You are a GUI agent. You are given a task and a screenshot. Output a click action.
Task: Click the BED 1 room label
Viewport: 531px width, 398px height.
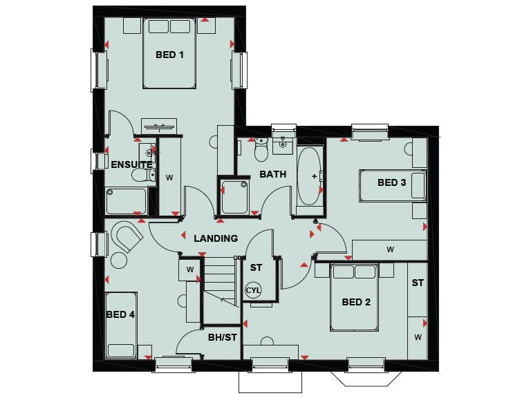click(169, 55)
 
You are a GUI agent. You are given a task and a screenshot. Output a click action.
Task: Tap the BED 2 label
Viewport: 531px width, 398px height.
click(357, 302)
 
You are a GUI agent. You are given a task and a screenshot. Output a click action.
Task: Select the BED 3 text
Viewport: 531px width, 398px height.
click(391, 183)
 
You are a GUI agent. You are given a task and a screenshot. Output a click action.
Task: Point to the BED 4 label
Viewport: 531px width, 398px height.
click(120, 314)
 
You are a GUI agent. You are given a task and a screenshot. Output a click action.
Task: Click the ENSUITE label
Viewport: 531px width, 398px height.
click(131, 164)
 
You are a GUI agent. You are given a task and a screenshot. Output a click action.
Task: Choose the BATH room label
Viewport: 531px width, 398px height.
click(273, 174)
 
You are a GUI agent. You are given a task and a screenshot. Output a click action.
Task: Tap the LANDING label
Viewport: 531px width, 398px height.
click(216, 238)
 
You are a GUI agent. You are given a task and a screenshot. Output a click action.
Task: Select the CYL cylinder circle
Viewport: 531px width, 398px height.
click(254, 290)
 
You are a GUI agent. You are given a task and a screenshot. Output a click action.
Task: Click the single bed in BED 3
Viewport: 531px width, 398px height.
click(392, 184)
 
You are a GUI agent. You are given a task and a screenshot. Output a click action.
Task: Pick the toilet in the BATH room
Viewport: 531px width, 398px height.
click(261, 148)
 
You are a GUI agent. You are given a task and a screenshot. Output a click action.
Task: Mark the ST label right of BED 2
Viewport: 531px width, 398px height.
click(418, 283)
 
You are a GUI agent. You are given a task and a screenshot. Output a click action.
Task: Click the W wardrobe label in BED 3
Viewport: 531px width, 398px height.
click(390, 249)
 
